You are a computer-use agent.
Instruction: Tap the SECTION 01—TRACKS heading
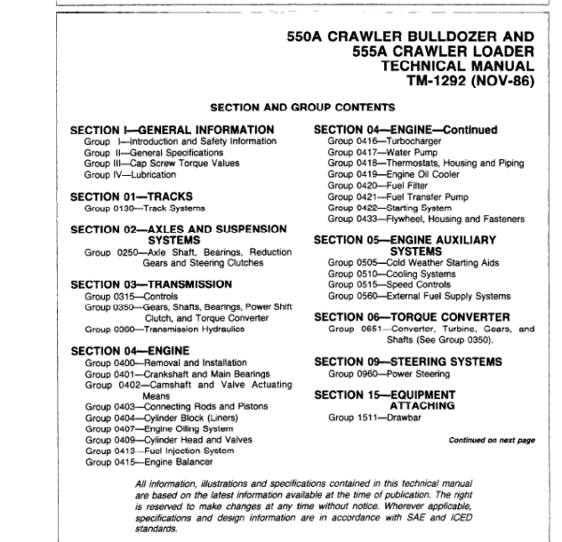[136, 197]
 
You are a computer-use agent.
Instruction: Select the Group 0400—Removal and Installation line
[164, 362]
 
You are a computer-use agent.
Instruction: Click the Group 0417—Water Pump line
[379, 152]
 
